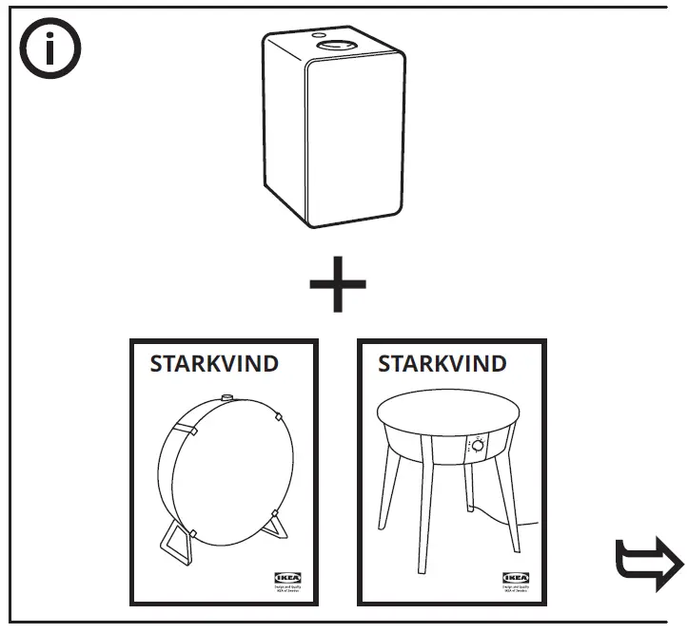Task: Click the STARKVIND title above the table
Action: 442,364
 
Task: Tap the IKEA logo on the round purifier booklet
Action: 284,577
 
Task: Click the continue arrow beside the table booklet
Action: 649,566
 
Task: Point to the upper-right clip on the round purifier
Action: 275,415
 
